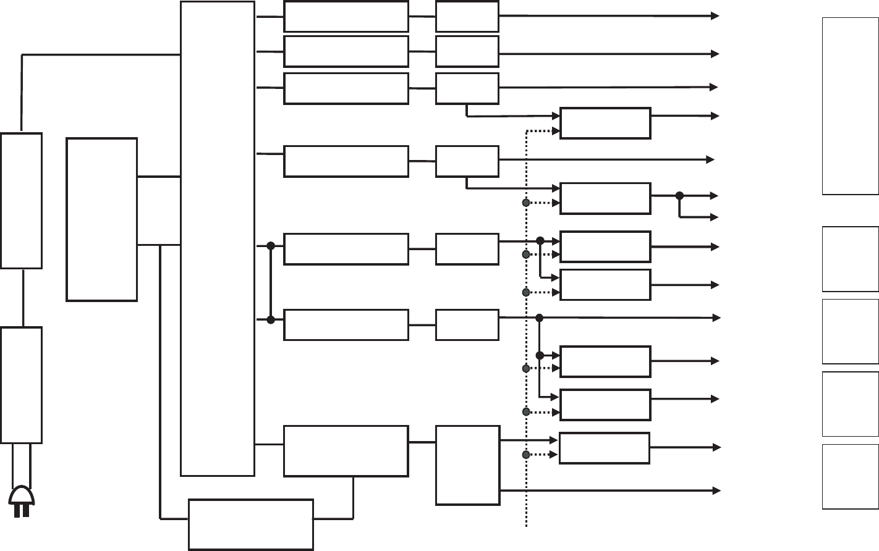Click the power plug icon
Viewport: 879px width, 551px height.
click(22, 502)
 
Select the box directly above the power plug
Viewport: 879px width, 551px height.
click(22, 385)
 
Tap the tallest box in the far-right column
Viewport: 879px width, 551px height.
click(850, 106)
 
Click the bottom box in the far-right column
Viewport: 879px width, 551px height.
click(850, 477)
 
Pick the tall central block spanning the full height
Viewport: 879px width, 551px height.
click(218, 238)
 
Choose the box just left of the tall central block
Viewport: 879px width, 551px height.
click(102, 219)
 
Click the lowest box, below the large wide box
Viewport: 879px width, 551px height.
click(251, 524)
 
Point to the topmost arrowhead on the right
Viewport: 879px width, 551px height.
click(716, 16)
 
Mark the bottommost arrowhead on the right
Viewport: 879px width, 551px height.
click(717, 490)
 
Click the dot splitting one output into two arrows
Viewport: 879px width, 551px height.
click(679, 196)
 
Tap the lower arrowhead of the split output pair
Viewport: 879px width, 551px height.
click(715, 217)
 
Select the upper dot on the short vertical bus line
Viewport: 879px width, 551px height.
click(270, 246)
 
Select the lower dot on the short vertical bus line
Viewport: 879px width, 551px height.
click(270, 319)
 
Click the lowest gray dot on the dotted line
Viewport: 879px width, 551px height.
click(526, 455)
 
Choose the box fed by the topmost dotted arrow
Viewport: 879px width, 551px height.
click(605, 124)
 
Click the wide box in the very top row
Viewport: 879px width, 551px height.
click(346, 17)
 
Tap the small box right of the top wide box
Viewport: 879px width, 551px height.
click(467, 17)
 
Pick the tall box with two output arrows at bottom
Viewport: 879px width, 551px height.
click(468, 465)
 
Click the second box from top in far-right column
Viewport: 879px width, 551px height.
click(850, 259)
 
